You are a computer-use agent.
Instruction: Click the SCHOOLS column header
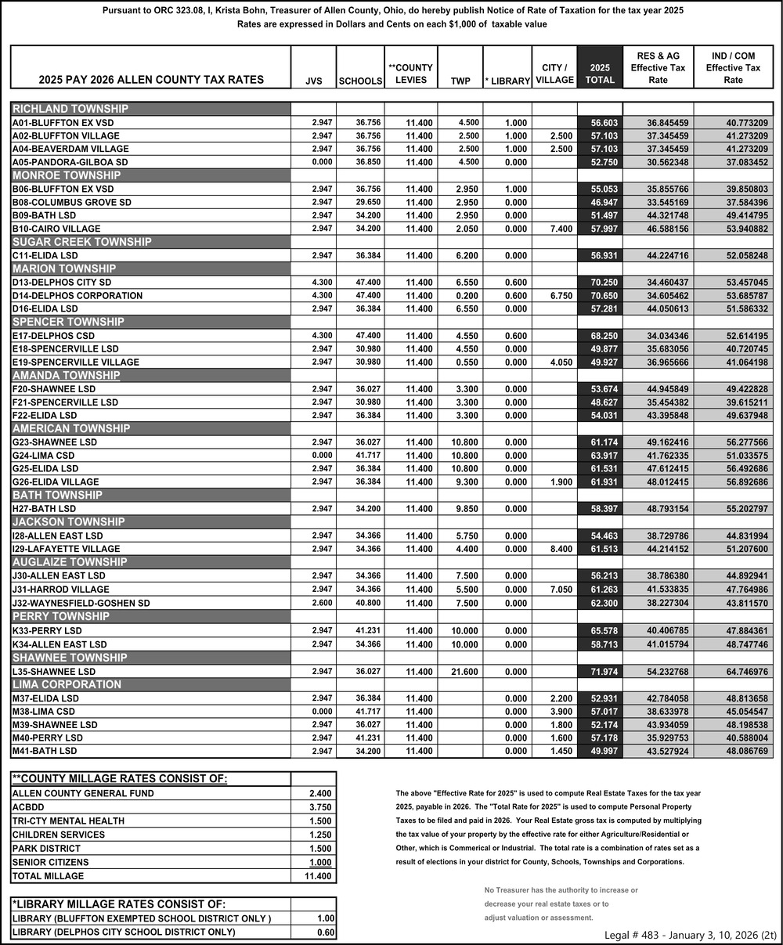click(x=359, y=81)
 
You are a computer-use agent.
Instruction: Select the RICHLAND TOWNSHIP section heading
click(x=70, y=109)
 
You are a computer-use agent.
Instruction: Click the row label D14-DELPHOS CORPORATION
click(x=78, y=296)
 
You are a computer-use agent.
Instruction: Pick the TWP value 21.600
click(x=464, y=672)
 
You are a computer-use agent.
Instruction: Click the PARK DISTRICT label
click(x=46, y=849)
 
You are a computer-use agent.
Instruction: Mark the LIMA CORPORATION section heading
click(x=67, y=685)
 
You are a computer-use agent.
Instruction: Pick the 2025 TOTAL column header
click(x=600, y=74)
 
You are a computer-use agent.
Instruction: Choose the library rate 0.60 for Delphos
click(x=325, y=932)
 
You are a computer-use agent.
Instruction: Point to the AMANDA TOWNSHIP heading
click(x=66, y=376)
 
